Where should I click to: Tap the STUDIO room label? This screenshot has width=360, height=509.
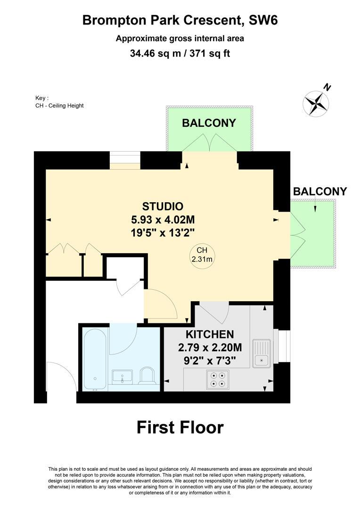coord(163,206)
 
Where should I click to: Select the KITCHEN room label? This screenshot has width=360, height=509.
coord(210,335)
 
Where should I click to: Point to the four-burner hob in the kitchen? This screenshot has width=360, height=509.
coord(218,380)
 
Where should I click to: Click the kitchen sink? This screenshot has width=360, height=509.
coord(260,353)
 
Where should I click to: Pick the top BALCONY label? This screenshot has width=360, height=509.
coord(209,123)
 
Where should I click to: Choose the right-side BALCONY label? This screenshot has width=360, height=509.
coord(319,191)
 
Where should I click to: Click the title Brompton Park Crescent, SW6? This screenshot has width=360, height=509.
coord(180,20)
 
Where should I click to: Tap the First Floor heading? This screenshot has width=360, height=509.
coord(180,427)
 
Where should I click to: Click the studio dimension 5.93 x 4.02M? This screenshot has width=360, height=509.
coord(163,219)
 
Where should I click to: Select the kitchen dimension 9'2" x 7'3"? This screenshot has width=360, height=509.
coord(210,361)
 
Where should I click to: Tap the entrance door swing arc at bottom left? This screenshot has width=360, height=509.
coord(63,375)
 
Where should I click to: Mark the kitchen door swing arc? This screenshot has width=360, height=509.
coord(214,313)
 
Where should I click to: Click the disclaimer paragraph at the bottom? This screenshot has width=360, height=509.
coord(180,481)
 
